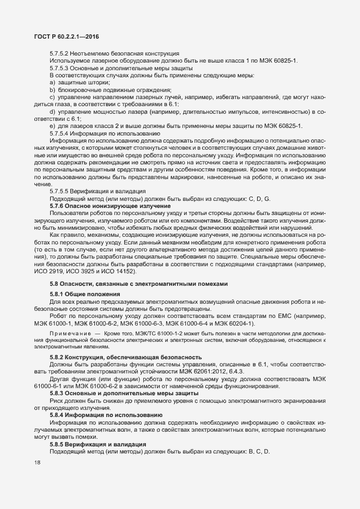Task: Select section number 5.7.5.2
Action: coord(60,53)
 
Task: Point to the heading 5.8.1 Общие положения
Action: coord(82,293)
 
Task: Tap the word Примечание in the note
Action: coord(69,332)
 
